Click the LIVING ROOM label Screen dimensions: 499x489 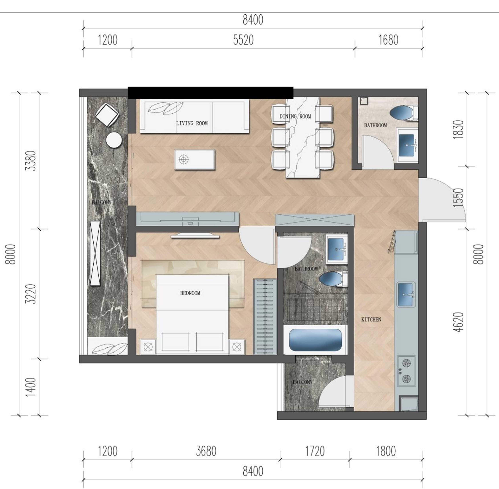pyautogui.click(x=192, y=123)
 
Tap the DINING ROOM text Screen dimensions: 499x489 pyautogui.click(x=295, y=116)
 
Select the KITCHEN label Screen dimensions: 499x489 pyautogui.click(x=371, y=320)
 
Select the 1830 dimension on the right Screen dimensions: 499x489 pyautogui.click(x=458, y=130)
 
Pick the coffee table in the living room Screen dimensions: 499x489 pyautogui.click(x=195, y=159)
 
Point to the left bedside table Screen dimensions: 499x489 pyautogui.click(x=148, y=347)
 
